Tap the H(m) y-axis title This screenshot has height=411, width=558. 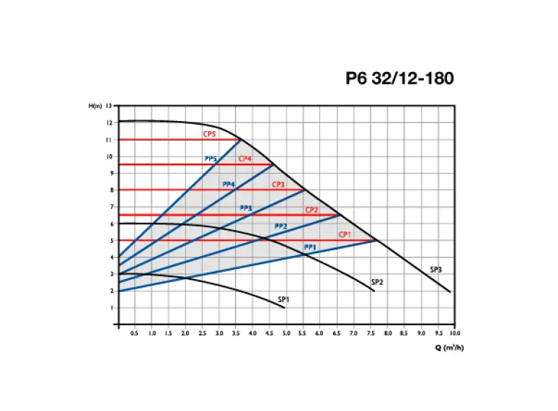click(94, 106)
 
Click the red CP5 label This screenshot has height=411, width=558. click(209, 134)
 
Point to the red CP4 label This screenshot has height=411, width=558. click(245, 159)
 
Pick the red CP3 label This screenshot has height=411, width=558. click(278, 185)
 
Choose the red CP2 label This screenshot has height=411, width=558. click(311, 210)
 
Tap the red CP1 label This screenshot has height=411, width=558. click(345, 234)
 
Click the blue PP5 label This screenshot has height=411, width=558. click(211, 159)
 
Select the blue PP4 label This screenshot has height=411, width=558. click(229, 184)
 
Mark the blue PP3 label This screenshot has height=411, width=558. click(246, 208)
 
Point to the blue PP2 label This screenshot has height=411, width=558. click(280, 226)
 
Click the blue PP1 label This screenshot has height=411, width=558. click(310, 247)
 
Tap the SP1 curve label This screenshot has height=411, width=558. click(283, 299)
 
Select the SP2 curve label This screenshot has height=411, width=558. click(376, 281)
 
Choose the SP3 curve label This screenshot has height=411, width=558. click(435, 270)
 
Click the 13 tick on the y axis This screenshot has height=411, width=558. click(108, 106)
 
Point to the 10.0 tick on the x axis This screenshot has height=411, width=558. click(455, 334)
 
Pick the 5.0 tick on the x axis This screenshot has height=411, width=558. click(286, 334)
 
